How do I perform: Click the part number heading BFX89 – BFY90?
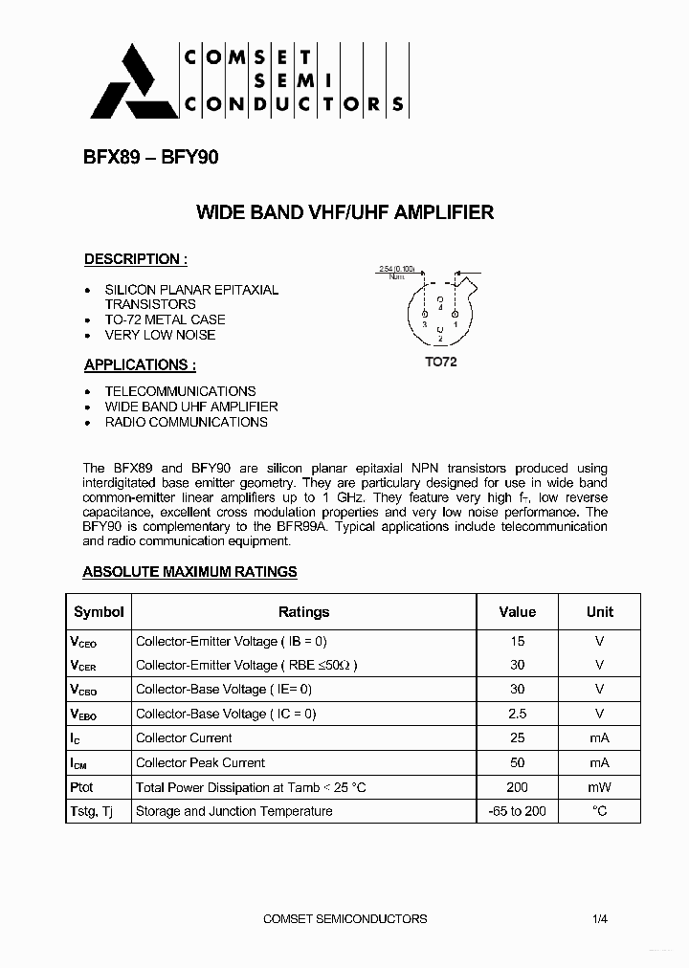[151, 158]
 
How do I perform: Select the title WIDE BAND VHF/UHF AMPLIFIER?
[344, 212]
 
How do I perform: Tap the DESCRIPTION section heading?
[135, 259]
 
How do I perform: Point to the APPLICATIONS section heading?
[140, 364]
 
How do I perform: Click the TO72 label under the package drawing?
[440, 363]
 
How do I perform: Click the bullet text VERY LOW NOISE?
[160, 335]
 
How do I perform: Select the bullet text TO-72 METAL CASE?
[165, 319]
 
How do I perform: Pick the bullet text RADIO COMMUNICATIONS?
[186, 422]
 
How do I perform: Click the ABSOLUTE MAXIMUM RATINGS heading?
[189, 572]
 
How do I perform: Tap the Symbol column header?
[99, 612]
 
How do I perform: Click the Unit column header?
[600, 612]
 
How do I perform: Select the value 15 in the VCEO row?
[518, 641]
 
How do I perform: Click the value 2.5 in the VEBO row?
[518, 714]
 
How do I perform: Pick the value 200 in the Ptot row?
[518, 787]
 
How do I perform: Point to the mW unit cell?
[600, 787]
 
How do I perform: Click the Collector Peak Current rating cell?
[200, 762]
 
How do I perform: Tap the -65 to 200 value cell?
[518, 811]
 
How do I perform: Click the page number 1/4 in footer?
[600, 919]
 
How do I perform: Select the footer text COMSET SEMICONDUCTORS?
[344, 919]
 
